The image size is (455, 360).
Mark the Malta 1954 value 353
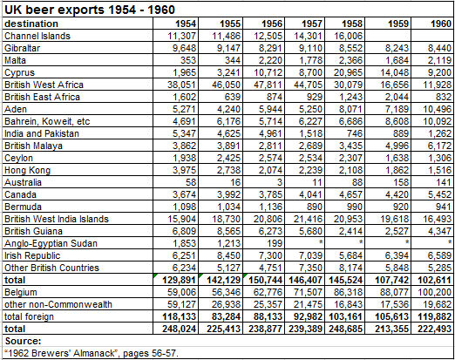(x=187, y=61)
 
